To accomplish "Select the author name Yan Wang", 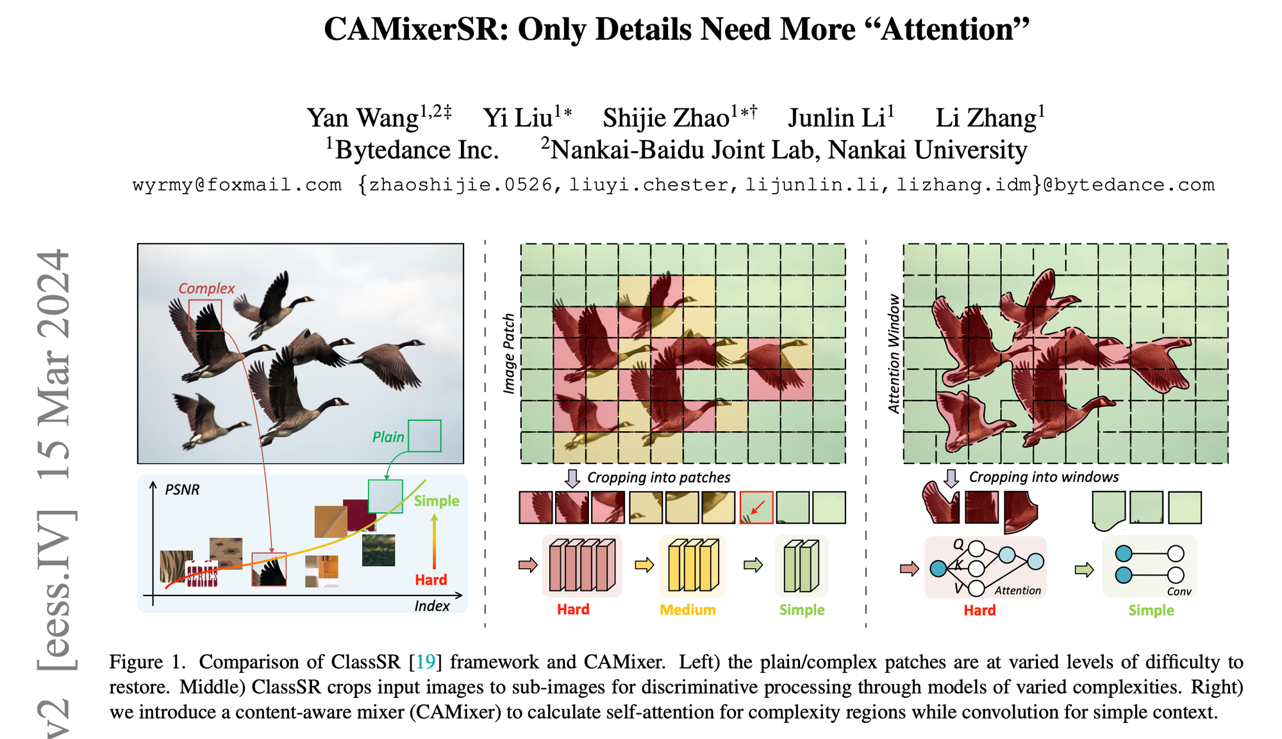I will (362, 118).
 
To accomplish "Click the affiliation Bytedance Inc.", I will (417, 150).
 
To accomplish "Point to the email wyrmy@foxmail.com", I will (237, 185).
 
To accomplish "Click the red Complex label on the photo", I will (206, 288).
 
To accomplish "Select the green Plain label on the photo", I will (388, 437).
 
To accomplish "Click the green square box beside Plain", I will (424, 436).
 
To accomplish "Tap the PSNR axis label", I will (182, 490).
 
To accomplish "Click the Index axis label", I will (431, 606).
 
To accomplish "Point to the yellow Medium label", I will (688, 610).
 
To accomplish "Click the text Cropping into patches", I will (658, 477).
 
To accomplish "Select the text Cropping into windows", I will (1044, 477).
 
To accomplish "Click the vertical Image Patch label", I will (509, 353).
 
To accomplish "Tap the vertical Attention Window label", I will (894, 353).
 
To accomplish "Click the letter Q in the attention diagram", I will (958, 544).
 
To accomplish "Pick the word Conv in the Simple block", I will (1179, 592).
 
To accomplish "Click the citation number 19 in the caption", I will (426, 662).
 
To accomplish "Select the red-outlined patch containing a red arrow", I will (756, 508).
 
